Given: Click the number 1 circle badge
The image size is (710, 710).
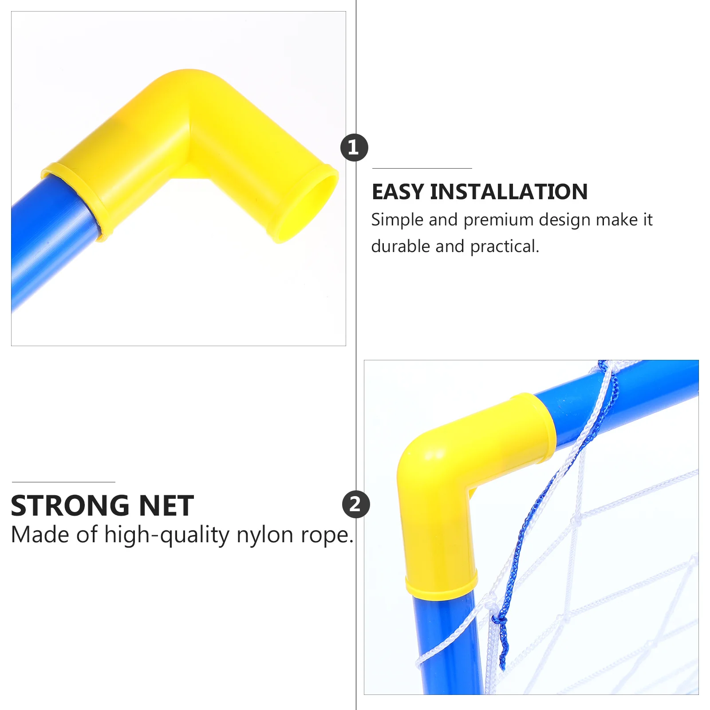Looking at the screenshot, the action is [354, 147].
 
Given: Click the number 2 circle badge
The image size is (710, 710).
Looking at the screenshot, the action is [355, 504].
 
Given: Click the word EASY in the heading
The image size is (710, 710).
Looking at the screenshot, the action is [398, 192].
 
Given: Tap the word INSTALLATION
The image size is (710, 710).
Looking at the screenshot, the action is [509, 192].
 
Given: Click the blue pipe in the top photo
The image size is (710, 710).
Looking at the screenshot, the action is [49, 240].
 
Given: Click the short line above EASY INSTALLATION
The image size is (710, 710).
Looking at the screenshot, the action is [422, 169].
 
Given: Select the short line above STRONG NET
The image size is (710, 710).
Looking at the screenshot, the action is [63, 482].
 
